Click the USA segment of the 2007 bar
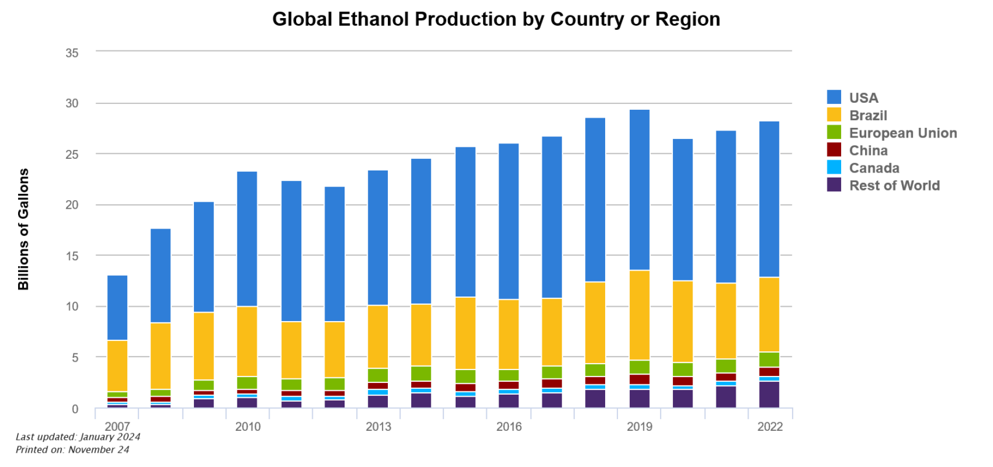coord(117,307)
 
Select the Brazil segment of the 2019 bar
coord(639,315)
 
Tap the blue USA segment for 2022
coord(769,199)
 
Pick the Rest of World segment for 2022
coord(769,395)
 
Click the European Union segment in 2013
coord(378,375)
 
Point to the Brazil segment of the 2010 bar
coord(248,341)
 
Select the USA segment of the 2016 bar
coord(509,221)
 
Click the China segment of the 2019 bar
coord(639,379)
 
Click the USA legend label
coord(864,98)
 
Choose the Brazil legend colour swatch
coord(834,116)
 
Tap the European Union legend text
coord(902,133)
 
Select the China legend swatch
coord(834,150)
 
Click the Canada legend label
coord(874,168)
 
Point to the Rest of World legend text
coord(894,185)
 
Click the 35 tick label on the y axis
coord(72,52)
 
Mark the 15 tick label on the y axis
coord(72,256)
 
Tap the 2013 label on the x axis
coord(378,428)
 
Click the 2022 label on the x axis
coord(769,428)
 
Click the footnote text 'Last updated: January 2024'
coord(78,437)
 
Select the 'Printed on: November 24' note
coord(72,450)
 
